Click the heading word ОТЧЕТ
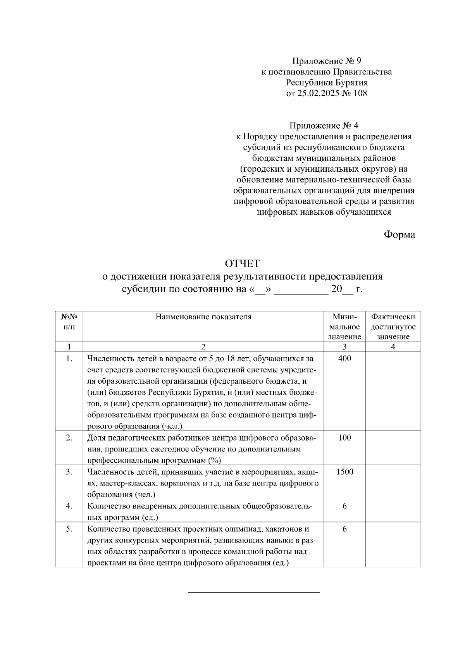coord(242,264)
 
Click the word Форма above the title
coord(399,234)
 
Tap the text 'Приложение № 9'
coord(326,61)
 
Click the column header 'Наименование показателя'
coord(203,317)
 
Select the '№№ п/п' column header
coord(69,322)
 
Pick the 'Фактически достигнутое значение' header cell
coord(393,326)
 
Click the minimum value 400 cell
coord(344,358)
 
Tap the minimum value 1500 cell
coord(344,472)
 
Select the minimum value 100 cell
coord(344,438)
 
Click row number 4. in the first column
coord(69,506)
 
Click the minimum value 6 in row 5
coord(344,529)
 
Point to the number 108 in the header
coord(360,93)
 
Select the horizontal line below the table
coord(254,593)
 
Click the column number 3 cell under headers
coord(344,347)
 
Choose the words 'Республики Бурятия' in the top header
coord(326,83)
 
